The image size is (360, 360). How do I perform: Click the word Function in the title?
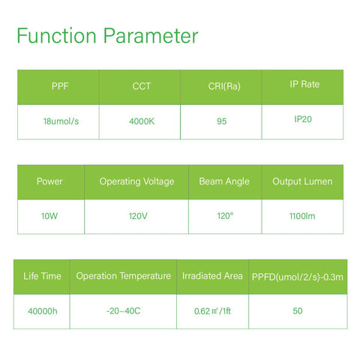point(56,36)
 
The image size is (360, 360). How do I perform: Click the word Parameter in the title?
point(151,36)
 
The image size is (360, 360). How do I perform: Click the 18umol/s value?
point(61,121)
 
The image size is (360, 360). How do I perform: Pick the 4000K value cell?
point(142,121)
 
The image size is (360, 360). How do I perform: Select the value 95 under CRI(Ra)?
point(221,121)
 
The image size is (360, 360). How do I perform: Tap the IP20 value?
point(303,119)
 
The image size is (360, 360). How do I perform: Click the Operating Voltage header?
point(136,181)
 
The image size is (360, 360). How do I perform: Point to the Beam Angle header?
point(224,181)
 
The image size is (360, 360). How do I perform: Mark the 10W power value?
point(49,216)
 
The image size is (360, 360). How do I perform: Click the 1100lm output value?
point(302,216)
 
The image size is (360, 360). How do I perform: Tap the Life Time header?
point(42,276)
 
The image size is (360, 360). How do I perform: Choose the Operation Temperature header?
point(124,276)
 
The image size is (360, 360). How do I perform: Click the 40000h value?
point(43,311)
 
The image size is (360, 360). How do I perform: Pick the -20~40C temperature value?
point(123,311)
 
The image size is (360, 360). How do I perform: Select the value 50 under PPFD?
point(298,311)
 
